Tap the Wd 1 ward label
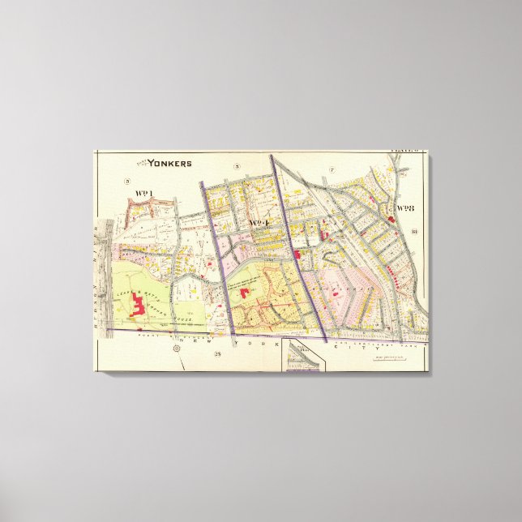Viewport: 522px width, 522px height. (x=145, y=193)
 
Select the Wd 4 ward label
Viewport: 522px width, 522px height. (x=259, y=222)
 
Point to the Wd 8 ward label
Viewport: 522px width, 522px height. (x=405, y=208)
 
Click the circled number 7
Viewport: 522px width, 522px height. (x=332, y=169)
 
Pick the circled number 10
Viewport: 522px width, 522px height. (x=413, y=233)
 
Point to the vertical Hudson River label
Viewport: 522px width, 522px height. (x=101, y=276)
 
